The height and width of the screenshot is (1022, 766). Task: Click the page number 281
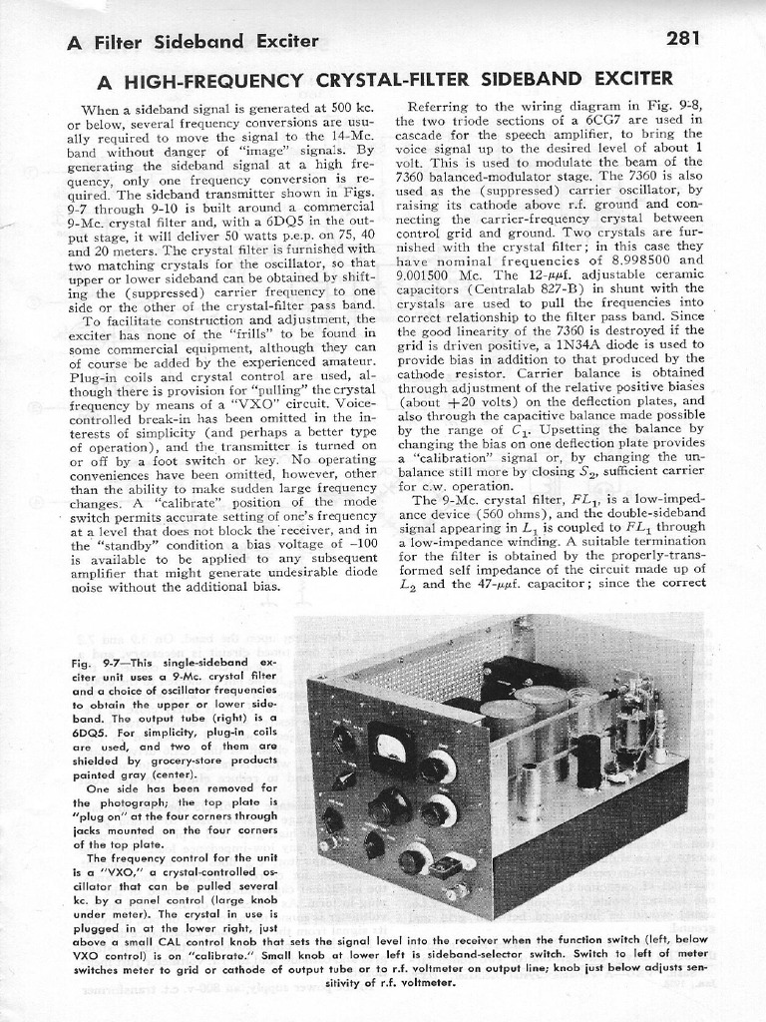pos(683,39)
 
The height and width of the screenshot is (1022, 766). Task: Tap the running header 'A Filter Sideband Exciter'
pos(192,41)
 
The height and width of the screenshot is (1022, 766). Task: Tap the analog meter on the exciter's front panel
pos(390,749)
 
